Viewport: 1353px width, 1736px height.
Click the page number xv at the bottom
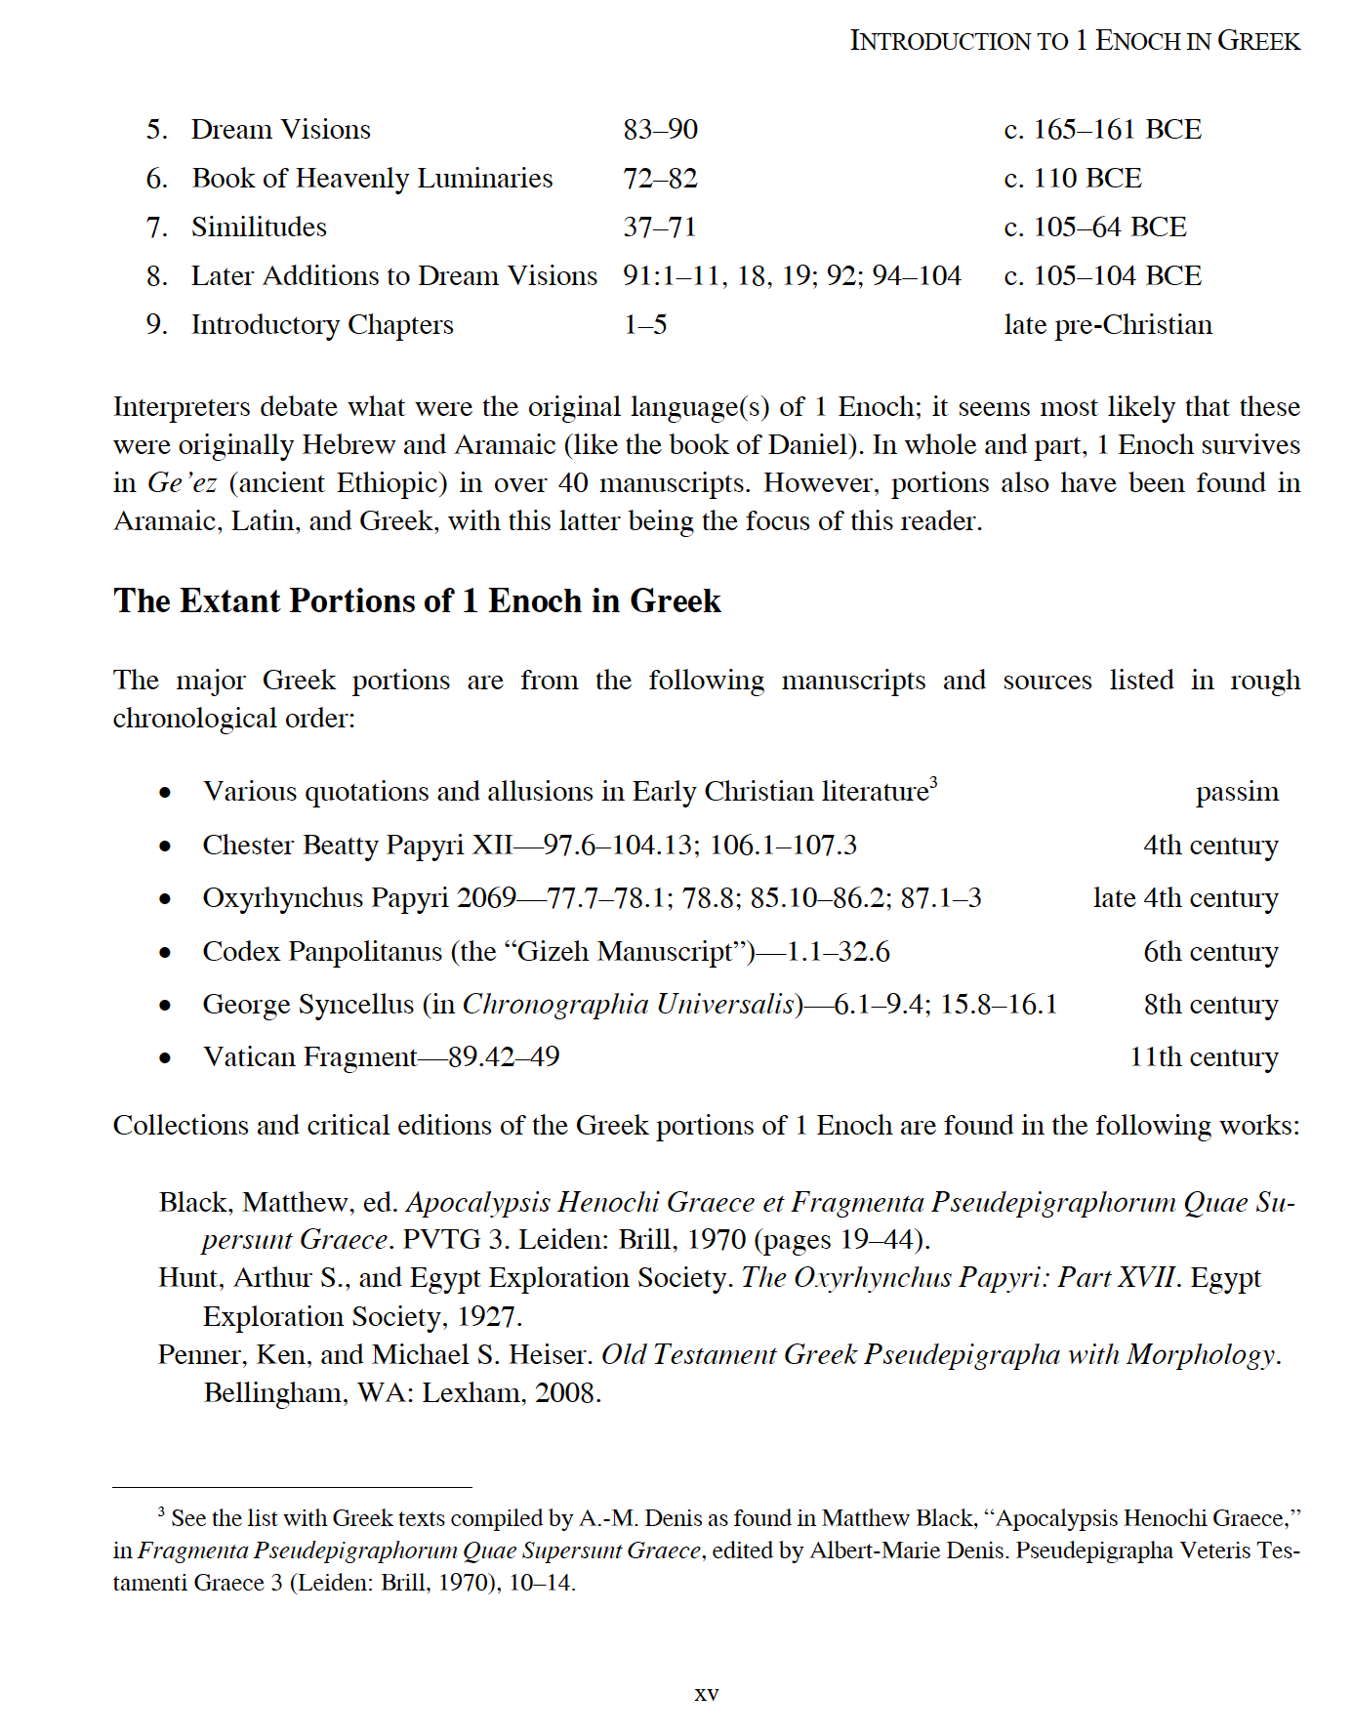[x=706, y=1694]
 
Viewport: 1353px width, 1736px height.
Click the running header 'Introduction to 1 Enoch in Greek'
[x=1075, y=41]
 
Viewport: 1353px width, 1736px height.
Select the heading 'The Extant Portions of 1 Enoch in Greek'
[x=417, y=600]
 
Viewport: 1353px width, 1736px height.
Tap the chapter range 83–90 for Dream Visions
[x=660, y=130]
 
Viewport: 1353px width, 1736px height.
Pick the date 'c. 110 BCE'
[x=1072, y=179]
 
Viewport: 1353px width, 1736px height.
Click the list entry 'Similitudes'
[x=259, y=227]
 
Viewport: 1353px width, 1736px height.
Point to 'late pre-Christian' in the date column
[x=1107, y=325]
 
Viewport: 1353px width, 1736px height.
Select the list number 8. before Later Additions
[x=156, y=276]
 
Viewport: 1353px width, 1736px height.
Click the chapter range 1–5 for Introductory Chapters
[x=645, y=325]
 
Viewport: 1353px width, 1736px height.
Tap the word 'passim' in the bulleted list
[x=1237, y=792]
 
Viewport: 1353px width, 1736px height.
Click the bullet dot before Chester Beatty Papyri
[x=165, y=847]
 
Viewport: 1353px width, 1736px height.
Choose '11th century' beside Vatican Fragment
[x=1203, y=1057]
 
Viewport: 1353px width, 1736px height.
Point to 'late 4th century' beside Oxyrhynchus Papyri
[x=1185, y=898]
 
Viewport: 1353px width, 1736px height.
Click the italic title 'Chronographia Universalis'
[x=631, y=1005]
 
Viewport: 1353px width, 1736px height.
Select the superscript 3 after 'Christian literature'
[x=933, y=782]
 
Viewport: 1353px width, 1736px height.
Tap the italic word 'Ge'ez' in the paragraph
[x=182, y=483]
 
